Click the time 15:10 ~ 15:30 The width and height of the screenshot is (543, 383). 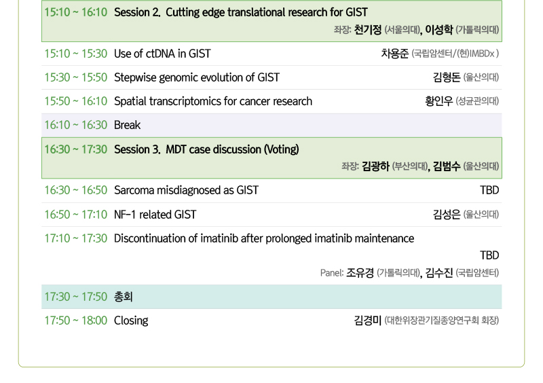click(76, 54)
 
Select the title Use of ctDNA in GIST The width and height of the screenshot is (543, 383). click(162, 54)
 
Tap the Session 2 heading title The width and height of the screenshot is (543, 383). click(241, 12)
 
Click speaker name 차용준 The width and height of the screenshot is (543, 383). click(395, 54)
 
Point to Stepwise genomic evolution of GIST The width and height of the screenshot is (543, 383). click(197, 77)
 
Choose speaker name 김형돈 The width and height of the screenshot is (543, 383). click(447, 77)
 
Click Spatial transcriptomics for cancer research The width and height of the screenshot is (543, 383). click(213, 101)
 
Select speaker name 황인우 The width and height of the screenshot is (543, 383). click(438, 101)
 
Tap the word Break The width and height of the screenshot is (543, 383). click(128, 125)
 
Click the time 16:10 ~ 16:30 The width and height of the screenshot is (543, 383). click(76, 125)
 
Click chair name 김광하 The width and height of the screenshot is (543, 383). click(376, 166)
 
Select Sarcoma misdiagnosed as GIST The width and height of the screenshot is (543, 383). click(186, 190)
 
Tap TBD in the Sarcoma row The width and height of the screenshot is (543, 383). click(489, 190)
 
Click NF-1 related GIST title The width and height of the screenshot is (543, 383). click(155, 215)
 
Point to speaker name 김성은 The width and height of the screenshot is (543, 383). click(447, 215)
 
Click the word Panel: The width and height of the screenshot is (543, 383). click(332, 273)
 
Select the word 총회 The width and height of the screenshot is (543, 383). click(124, 297)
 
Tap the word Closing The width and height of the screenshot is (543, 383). click(131, 321)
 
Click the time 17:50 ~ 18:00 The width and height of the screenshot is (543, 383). click(76, 321)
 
